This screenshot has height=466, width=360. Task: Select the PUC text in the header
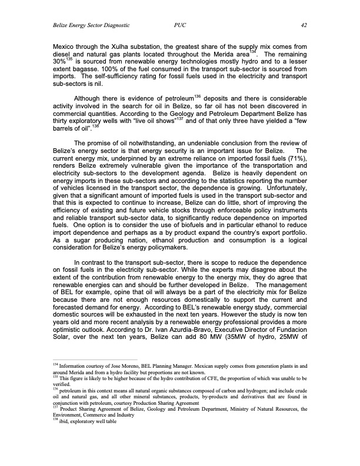[x=180, y=25]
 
